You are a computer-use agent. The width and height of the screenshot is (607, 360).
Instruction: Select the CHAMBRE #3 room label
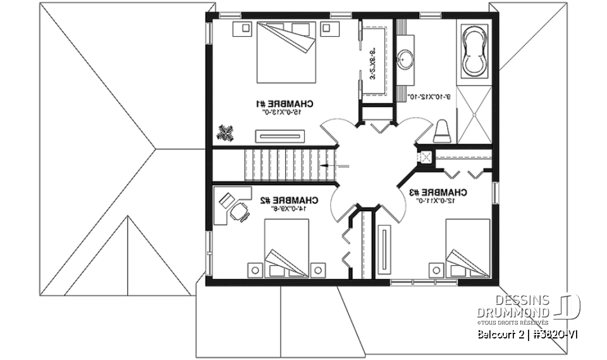(438, 192)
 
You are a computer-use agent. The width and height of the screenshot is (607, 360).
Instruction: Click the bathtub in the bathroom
(474, 51)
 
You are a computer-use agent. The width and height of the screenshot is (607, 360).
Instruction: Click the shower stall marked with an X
(473, 114)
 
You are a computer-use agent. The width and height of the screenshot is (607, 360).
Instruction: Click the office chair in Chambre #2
(240, 213)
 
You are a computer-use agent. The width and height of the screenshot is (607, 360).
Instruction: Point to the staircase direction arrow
(329, 164)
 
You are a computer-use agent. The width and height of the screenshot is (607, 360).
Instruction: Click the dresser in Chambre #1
(280, 134)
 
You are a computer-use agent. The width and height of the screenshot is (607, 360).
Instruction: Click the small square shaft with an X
(425, 157)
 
